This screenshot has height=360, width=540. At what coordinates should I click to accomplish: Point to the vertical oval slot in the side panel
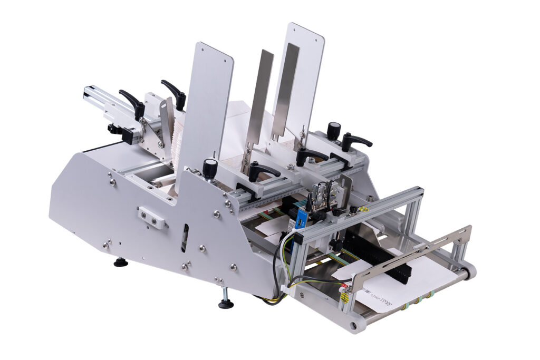(184, 238)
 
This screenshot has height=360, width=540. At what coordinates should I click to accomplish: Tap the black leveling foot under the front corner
(226, 303)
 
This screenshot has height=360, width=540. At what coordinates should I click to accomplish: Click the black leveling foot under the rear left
(121, 262)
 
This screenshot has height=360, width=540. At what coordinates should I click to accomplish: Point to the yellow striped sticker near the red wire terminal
(344, 298)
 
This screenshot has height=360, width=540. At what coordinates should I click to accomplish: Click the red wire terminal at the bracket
(345, 288)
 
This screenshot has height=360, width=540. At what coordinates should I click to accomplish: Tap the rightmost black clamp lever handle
(355, 141)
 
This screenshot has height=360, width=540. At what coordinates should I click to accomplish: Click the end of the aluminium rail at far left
(86, 93)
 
